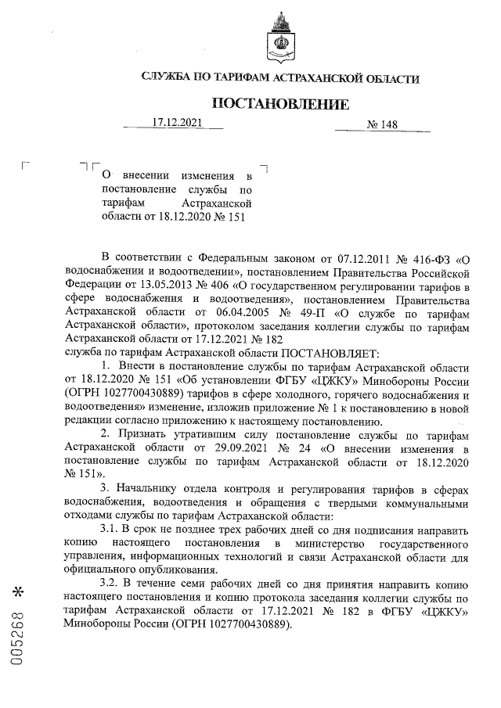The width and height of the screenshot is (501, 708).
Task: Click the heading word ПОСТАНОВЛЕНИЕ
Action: click(x=280, y=104)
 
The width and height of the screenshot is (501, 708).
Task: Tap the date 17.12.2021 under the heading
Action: click(x=177, y=123)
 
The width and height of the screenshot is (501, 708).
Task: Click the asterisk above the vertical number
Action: click(x=18, y=587)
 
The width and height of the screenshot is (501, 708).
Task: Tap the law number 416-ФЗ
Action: click(x=429, y=257)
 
